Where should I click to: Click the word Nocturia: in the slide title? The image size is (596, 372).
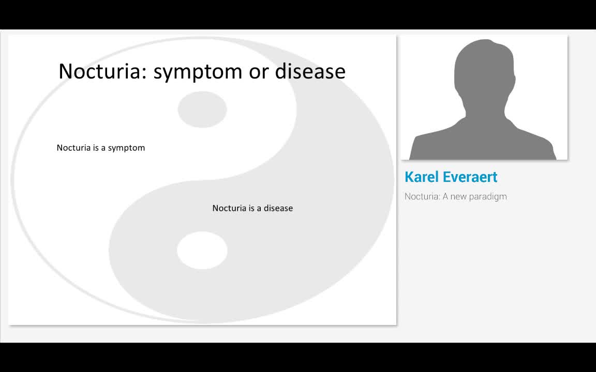(103, 71)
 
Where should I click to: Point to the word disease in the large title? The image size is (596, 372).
(310, 71)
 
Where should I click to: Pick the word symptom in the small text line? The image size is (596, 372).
(126, 148)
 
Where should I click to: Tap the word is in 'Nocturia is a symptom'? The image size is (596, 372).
(96, 148)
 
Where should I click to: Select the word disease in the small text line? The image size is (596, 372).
(278, 208)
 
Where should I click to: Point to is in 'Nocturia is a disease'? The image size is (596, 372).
(251, 208)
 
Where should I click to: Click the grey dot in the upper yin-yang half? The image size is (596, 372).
(202, 109)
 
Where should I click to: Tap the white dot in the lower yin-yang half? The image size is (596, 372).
(202, 250)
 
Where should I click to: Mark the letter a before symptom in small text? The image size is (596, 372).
(103, 148)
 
